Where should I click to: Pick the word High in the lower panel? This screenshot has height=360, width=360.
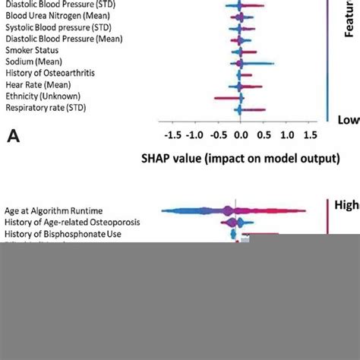pos(346,204)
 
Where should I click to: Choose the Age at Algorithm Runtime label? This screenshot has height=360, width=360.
pos(53,210)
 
